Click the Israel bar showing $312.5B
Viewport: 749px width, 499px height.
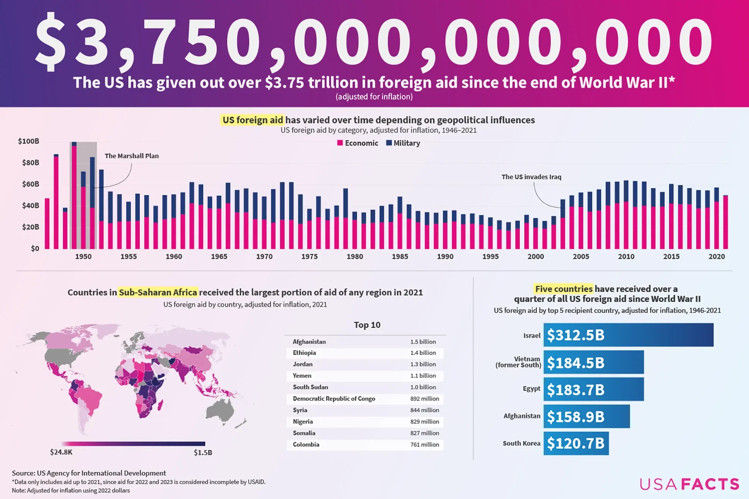click(628, 335)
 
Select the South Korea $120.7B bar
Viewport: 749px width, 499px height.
click(576, 443)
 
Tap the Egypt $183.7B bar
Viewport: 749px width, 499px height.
click(593, 389)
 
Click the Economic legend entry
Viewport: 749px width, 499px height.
click(358, 143)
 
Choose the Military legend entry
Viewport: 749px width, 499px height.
click(403, 143)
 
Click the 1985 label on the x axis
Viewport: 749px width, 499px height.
click(400, 257)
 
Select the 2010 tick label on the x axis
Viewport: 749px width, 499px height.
click(626, 257)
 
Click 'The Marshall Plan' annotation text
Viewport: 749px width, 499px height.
click(132, 156)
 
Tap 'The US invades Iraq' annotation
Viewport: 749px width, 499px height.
click(531, 177)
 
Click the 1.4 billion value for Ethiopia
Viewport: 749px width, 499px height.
click(423, 353)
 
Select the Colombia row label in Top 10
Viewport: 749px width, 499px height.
click(306, 445)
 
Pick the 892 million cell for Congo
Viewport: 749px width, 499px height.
click(424, 399)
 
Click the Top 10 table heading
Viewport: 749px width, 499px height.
click(367, 325)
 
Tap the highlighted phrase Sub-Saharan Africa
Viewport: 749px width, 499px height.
click(158, 293)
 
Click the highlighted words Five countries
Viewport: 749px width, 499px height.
click(564, 289)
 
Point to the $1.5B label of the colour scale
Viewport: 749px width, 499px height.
click(203, 453)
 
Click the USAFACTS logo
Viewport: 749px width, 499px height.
click(689, 484)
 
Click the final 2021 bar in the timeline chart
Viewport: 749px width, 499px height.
click(725, 222)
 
